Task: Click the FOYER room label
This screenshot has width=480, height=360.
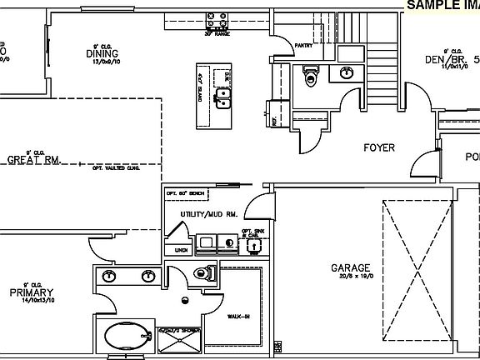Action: point(378,147)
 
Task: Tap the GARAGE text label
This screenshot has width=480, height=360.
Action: point(350,268)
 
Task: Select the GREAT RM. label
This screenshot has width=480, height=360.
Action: point(34,160)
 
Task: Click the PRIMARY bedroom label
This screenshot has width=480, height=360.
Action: point(32,292)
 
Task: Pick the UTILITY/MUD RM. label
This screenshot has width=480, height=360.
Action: point(209,214)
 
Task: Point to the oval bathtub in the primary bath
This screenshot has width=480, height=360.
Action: point(125,339)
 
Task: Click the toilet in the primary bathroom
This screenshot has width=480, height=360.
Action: point(202,272)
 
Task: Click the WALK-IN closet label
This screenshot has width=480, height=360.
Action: point(239,316)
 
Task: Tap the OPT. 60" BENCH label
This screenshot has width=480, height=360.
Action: point(185,193)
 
